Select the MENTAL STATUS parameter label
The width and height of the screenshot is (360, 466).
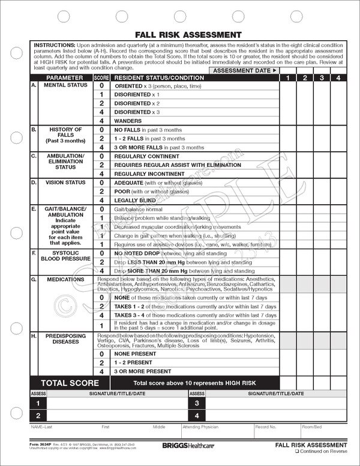click(65, 86)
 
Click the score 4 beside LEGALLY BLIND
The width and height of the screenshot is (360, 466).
click(102, 199)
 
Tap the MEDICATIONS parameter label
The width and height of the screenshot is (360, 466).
click(65, 280)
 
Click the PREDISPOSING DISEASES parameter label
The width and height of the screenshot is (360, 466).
click(65, 339)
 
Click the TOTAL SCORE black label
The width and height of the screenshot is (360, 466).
click(66, 383)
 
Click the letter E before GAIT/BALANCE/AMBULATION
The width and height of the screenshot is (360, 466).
click(34, 208)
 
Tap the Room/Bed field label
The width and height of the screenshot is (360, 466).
click(313, 426)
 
